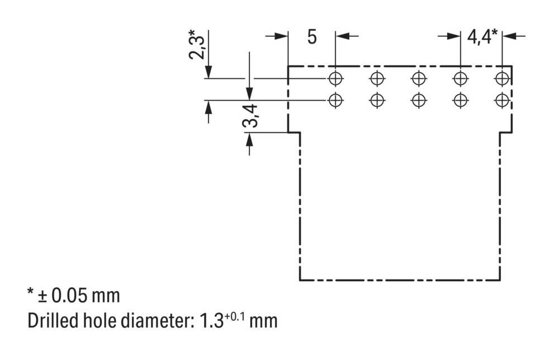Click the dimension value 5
pyautogui.click(x=312, y=37)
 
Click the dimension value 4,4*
pyautogui.click(x=481, y=37)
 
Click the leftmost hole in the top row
pyautogui.click(x=335, y=78)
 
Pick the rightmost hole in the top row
pyautogui.click(x=502, y=78)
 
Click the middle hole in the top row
pyautogui.click(x=419, y=78)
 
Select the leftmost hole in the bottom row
pyautogui.click(x=335, y=100)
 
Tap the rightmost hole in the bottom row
pyautogui.click(x=502, y=100)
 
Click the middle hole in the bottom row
pyautogui.click(x=419, y=100)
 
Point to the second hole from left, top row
pyautogui.click(x=377, y=78)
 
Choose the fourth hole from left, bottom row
pyautogui.click(x=460, y=100)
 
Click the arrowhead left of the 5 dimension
pyautogui.click(x=282, y=36)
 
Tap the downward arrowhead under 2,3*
pyautogui.click(x=208, y=73)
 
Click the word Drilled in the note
pyautogui.click(x=53, y=321)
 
